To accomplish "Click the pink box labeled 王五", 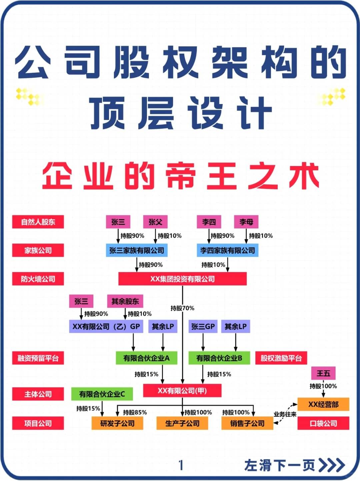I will [x=323, y=373].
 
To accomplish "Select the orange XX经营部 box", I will [x=323, y=404].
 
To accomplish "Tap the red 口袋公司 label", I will [x=323, y=423].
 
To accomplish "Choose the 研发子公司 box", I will [x=117, y=423].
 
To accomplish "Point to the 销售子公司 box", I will [x=247, y=423].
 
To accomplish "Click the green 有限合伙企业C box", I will [x=102, y=394].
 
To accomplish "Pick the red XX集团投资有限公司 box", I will [x=182, y=279].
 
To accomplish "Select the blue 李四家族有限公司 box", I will [x=227, y=250].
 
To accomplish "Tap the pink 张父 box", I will [x=155, y=222].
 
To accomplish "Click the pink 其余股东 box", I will [x=125, y=301].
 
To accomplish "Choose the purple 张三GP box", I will [x=203, y=326].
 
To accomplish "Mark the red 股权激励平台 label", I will [x=281, y=358].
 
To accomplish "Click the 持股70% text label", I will [x=182, y=308].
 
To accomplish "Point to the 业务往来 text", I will [x=285, y=414].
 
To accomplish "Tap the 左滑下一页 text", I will [x=279, y=465].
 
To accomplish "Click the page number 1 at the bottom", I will [x=181, y=465].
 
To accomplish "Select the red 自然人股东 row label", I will [x=38, y=222].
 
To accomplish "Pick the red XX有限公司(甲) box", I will [x=182, y=390].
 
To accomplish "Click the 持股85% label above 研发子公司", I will [x=135, y=412].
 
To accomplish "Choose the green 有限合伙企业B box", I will [x=219, y=358].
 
